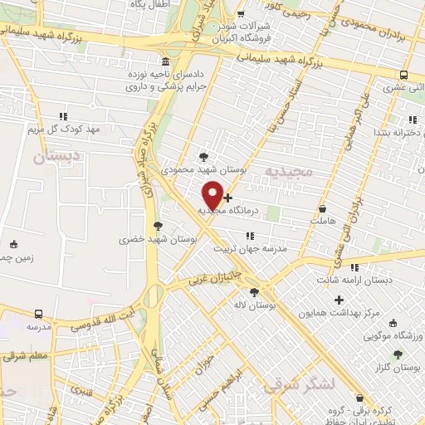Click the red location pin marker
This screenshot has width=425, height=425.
point(213,194)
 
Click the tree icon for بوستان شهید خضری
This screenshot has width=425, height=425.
point(158,225)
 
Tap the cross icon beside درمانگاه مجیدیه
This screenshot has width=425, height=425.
point(228,198)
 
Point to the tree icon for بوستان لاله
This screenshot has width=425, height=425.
point(254,291)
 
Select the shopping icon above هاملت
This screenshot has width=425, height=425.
point(322,210)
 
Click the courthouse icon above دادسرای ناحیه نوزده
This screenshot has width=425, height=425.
point(167,62)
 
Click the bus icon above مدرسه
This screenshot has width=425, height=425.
point(39,314)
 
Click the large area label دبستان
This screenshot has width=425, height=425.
point(61,155)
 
